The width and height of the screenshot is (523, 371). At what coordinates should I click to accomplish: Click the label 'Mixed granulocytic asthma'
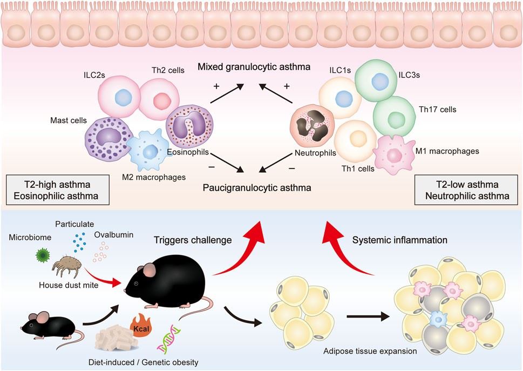tap(254, 68)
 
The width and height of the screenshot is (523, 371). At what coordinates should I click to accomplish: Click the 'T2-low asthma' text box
tap(463, 190)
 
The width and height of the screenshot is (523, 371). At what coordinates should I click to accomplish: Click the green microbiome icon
tap(43, 254)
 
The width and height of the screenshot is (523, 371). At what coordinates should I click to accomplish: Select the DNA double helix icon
tap(169, 341)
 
